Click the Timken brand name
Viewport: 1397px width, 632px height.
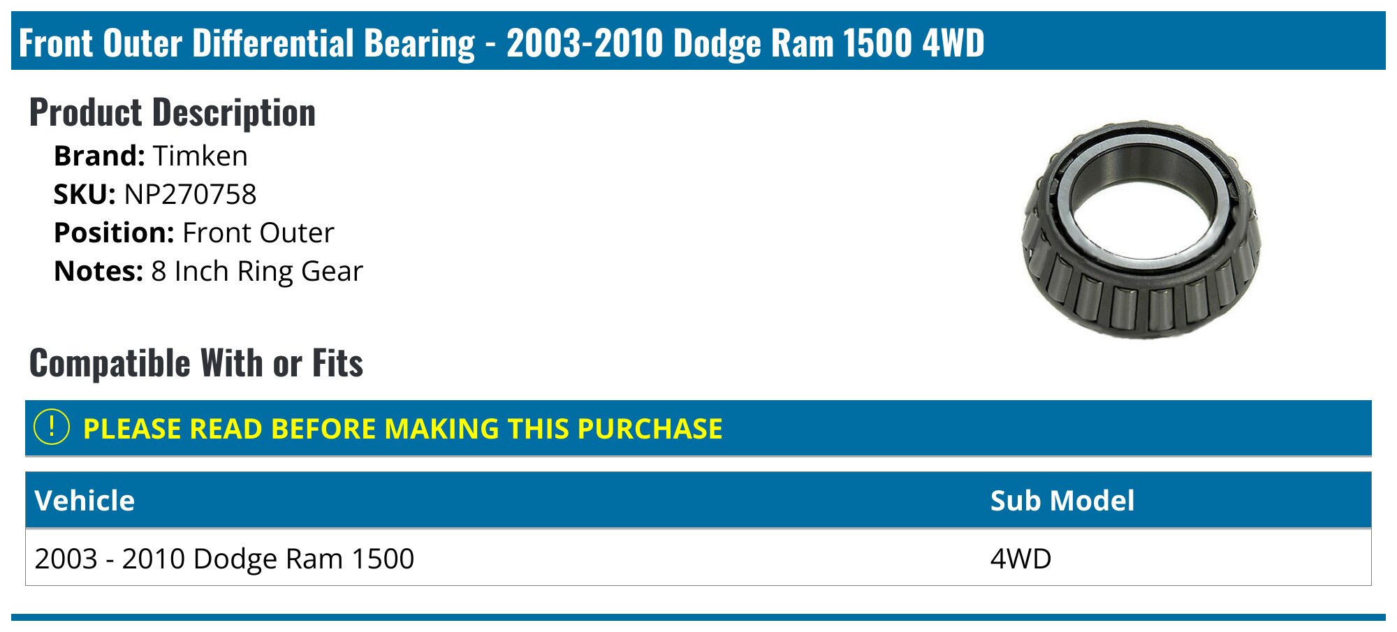200,156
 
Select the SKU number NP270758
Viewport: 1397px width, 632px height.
190,194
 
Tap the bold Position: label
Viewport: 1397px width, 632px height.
114,233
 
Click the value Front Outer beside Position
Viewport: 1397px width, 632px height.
258,233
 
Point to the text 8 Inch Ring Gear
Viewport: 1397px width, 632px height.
257,271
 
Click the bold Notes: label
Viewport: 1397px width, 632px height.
98,271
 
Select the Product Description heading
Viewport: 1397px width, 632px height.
173,112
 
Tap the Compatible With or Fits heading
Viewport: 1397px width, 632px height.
196,363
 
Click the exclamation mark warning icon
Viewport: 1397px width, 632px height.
52,427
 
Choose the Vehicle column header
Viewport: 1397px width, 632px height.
85,501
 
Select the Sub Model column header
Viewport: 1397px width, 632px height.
1062,501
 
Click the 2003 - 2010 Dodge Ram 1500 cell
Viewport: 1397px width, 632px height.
224,559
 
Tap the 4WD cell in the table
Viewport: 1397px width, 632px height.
1021,559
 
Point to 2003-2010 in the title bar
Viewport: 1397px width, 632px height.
585,43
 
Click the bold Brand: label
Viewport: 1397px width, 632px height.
99,156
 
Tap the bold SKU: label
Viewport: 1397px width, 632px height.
85,194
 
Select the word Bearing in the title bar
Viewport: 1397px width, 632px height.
419,43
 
